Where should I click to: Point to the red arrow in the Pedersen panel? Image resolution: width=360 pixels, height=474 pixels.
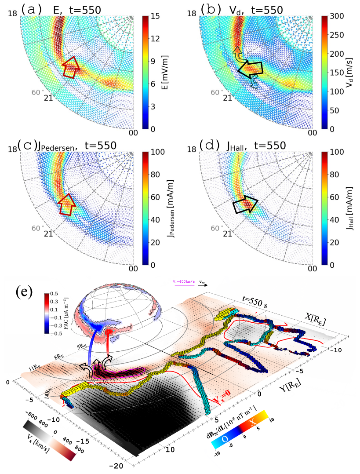point(67,204)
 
